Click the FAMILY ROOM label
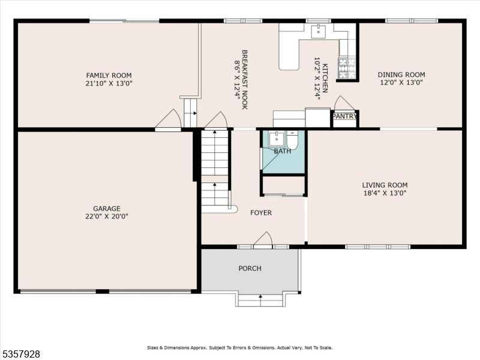[x=109, y=75]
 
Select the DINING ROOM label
[x=401, y=75]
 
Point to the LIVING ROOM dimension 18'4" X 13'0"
[x=385, y=193]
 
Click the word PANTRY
[x=344, y=116]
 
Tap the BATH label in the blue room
[x=283, y=151]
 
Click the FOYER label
[x=261, y=213]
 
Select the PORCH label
[x=250, y=268]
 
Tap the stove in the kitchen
[x=346, y=68]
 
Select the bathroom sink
[x=276, y=139]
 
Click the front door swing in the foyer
[x=263, y=239]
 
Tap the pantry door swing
[x=344, y=103]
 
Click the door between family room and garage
[x=169, y=119]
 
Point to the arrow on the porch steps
[x=260, y=296]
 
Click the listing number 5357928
[x=22, y=355]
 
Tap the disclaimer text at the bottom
[x=240, y=347]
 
